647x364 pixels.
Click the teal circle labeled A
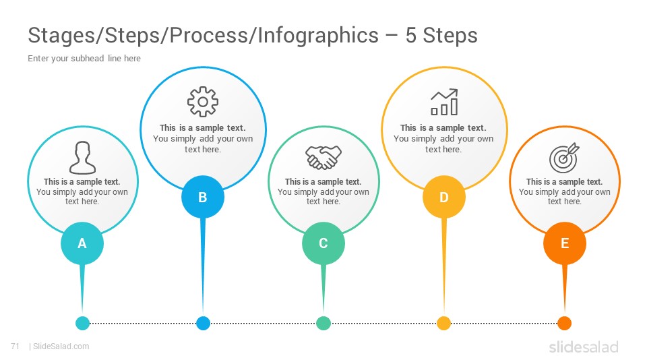coord(82,243)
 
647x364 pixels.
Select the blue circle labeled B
coord(203,197)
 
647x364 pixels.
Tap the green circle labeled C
coord(323,243)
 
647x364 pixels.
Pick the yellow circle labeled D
coord(444,197)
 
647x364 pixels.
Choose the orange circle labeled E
coord(565,243)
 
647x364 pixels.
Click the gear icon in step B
coord(203,102)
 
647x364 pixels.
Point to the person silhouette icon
coord(82,157)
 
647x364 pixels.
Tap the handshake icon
coord(323,157)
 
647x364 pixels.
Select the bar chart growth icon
coord(444,102)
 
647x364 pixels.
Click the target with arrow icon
coord(564,158)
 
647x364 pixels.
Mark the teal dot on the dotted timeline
coord(82,323)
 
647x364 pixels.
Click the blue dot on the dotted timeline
coord(203,323)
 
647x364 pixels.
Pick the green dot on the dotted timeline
coord(323,323)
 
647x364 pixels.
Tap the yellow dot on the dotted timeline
coord(444,323)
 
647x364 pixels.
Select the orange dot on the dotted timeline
coord(565,323)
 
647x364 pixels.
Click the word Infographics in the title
coord(318,36)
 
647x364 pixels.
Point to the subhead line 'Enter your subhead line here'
coord(84,58)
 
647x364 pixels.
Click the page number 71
coord(16,346)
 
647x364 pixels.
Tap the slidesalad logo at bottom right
coord(584,346)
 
